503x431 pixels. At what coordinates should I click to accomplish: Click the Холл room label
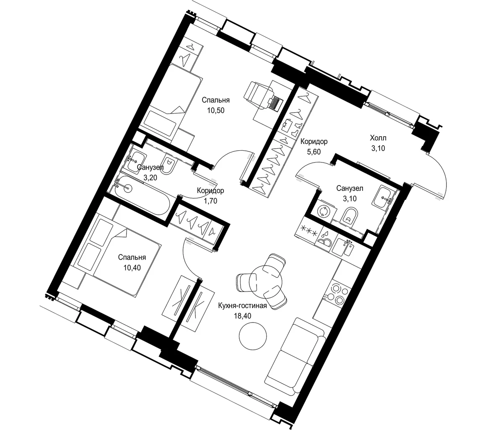[378, 138]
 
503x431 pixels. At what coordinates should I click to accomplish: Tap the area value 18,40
[242, 316]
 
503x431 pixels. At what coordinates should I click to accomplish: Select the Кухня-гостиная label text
[242, 305]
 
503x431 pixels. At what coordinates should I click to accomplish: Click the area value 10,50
[215, 111]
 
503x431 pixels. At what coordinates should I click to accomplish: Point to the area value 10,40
[132, 268]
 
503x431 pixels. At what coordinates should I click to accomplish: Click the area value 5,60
[314, 152]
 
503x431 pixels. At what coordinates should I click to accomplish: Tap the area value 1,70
[210, 201]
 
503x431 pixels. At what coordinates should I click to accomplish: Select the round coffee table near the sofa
[253, 336]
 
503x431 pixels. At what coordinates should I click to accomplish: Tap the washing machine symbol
[323, 212]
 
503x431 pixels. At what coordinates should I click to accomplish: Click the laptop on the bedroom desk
[275, 103]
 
